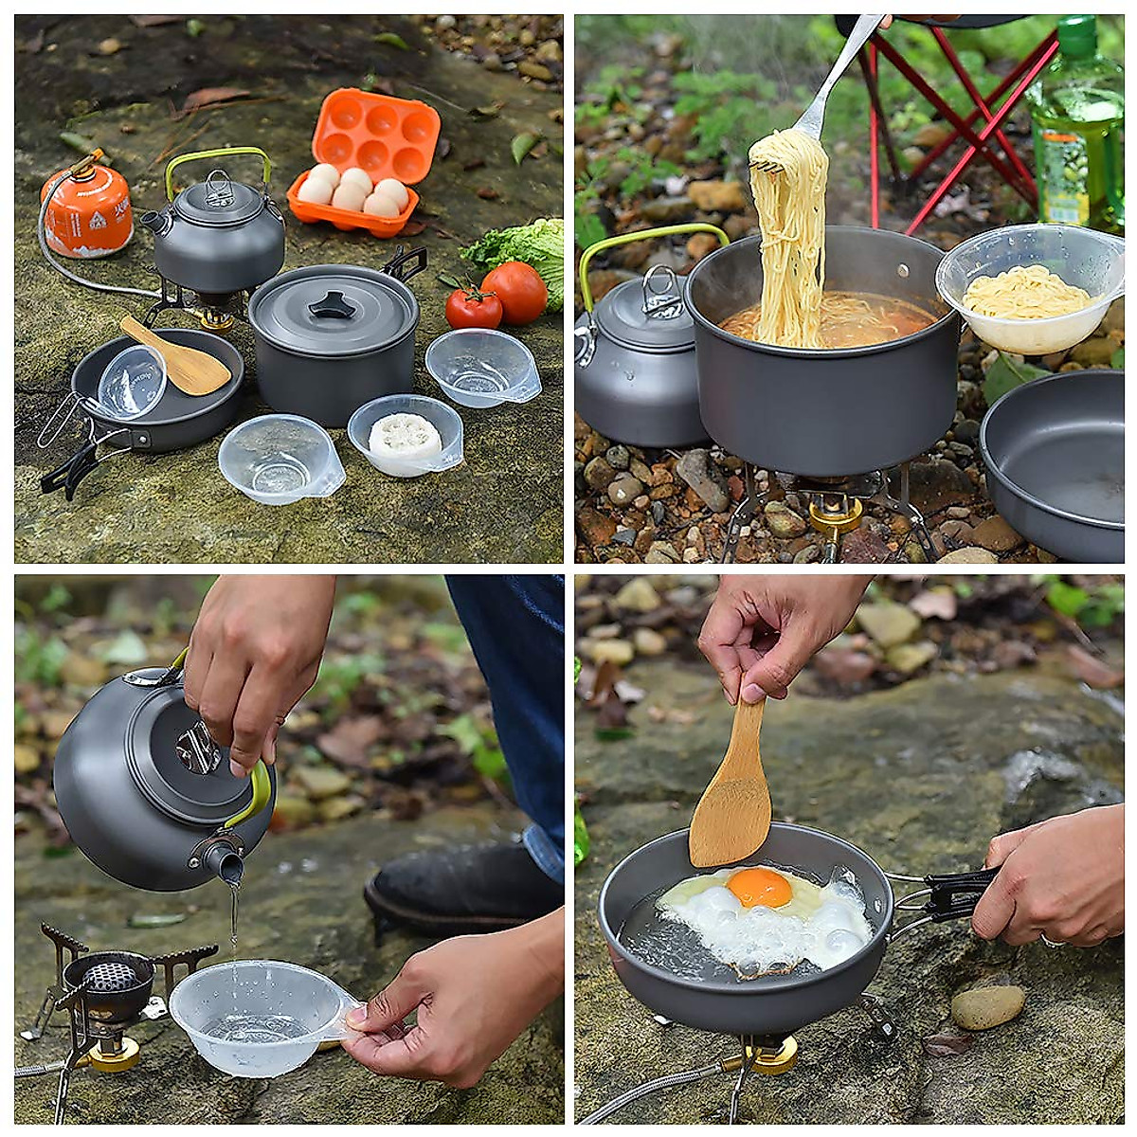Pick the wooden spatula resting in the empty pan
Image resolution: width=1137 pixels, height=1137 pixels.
point(177,355)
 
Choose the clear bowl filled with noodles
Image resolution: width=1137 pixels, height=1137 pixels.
point(1029,288)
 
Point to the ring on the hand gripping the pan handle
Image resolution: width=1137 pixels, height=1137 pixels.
point(1051,940)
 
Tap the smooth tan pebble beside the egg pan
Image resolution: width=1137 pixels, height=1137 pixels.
point(987,1006)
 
